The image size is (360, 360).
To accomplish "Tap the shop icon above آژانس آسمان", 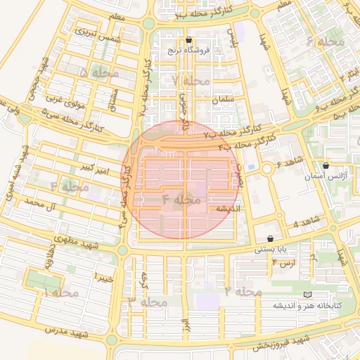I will (325, 166).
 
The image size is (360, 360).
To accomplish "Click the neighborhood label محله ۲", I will (243, 291).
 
